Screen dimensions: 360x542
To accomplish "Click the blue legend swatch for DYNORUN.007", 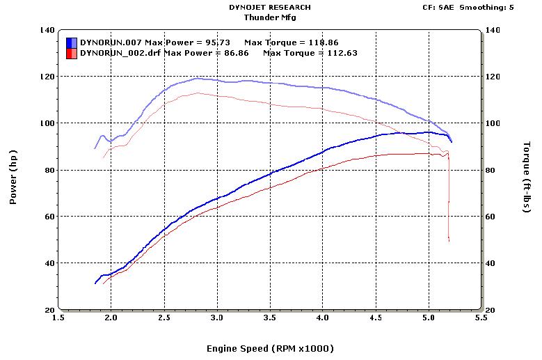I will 71,42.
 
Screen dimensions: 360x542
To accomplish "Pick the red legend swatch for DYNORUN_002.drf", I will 71,53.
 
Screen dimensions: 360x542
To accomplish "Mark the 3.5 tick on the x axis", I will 269,318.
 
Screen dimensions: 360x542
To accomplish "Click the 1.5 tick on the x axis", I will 58,318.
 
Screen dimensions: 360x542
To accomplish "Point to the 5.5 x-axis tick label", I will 480,318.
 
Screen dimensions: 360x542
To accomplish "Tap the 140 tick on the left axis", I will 47,30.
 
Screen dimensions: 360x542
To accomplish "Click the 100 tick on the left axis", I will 47,123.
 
